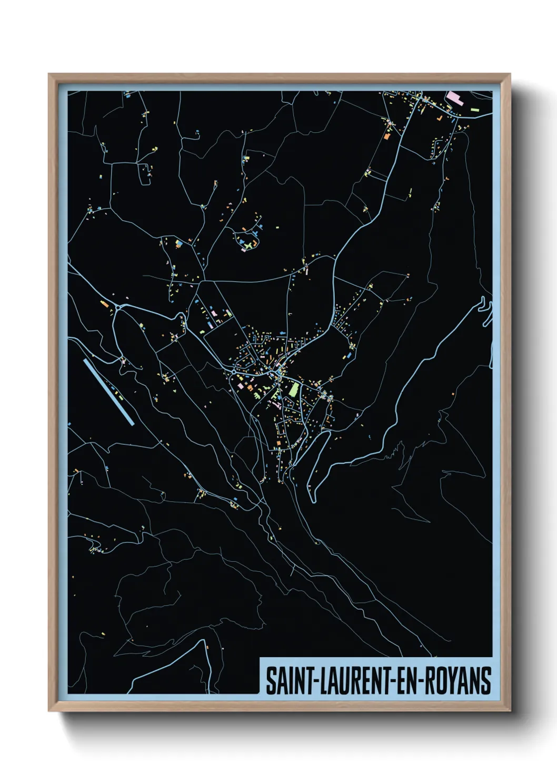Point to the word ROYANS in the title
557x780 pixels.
tap(457, 680)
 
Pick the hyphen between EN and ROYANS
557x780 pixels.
tap(420, 681)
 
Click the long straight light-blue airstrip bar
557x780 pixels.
tap(108, 392)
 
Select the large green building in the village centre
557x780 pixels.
tap(293, 389)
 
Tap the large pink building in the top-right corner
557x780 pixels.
tap(453, 97)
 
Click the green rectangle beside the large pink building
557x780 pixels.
tap(475, 110)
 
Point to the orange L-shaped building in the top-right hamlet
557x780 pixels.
tap(389, 136)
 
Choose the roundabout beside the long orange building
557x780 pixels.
tap(119, 307)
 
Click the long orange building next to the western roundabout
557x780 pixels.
tap(104, 304)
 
